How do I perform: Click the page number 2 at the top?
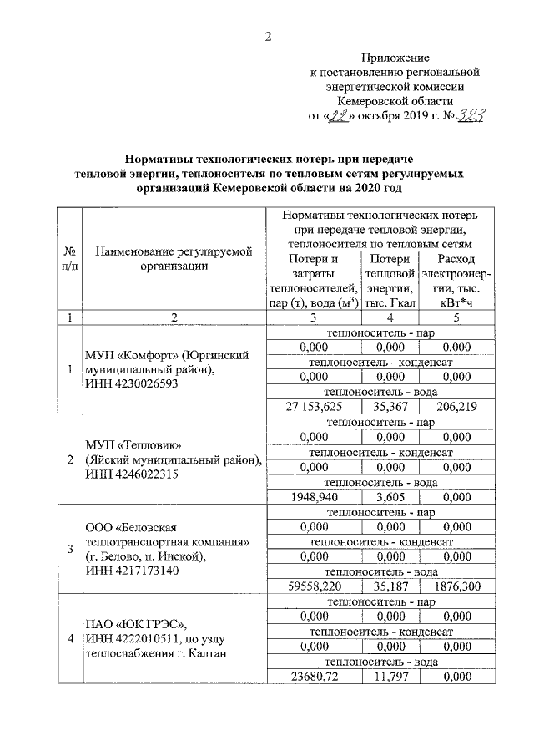click(268, 35)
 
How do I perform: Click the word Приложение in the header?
click(395, 58)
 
